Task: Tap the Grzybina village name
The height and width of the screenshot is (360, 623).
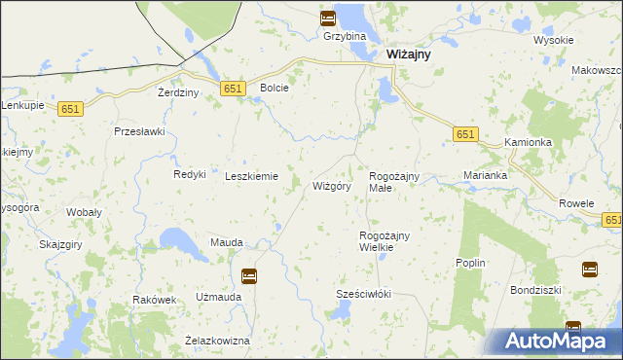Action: click(x=346, y=37)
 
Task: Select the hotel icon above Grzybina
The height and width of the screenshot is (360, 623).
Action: click(x=327, y=18)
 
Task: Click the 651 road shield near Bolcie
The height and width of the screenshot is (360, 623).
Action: click(x=232, y=89)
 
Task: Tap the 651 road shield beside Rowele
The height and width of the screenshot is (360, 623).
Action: click(x=613, y=222)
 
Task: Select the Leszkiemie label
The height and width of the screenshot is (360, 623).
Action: click(x=252, y=176)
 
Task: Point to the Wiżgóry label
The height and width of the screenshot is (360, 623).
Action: click(x=331, y=185)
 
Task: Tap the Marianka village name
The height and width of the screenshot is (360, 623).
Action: click(x=485, y=176)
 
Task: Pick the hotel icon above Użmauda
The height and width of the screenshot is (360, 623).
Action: click(x=249, y=276)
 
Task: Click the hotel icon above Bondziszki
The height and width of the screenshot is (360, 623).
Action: click(x=590, y=269)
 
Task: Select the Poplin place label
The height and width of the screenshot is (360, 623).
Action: click(x=470, y=264)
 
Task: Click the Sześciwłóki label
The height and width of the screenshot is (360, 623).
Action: click(x=363, y=294)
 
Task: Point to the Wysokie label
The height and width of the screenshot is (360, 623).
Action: click(x=554, y=41)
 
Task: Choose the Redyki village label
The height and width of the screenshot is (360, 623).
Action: click(x=190, y=174)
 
